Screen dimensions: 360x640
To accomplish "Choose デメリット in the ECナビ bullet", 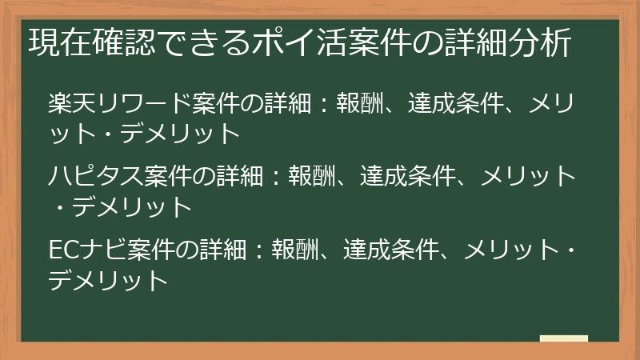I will point(107,280).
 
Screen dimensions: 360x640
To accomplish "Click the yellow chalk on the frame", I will point(563,338).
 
